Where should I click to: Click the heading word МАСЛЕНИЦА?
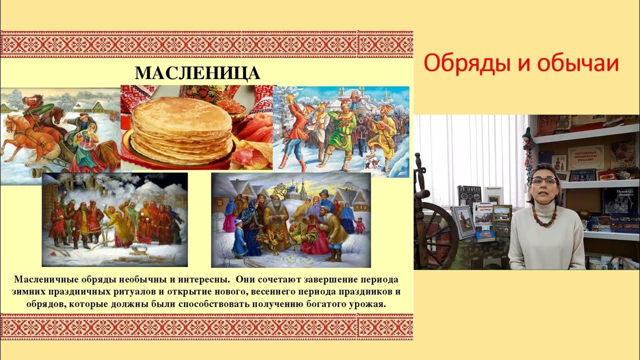(x=197, y=73)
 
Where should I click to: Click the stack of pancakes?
(x=181, y=132)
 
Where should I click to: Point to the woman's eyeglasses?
(x=544, y=181)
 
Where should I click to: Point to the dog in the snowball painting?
(x=135, y=253)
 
